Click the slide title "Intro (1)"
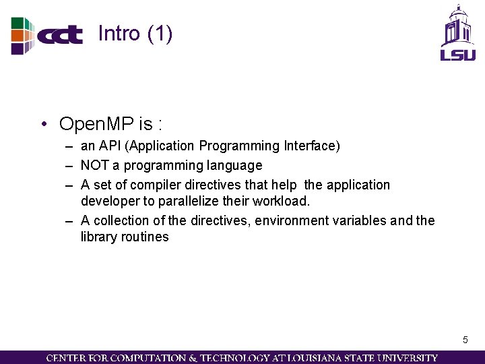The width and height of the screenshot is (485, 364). pos(135,33)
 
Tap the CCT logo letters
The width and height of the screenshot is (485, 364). pos(60,35)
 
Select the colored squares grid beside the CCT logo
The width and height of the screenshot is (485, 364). pos(22,35)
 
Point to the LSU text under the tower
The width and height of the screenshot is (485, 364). pos(458,54)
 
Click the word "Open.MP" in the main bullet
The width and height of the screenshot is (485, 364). pos(97,124)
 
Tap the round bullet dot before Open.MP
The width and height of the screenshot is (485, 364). pos(43,125)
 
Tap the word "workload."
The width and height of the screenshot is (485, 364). pos(282,201)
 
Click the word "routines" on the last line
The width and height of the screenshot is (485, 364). pos(145,237)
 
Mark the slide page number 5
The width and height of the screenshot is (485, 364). pos(465,340)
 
